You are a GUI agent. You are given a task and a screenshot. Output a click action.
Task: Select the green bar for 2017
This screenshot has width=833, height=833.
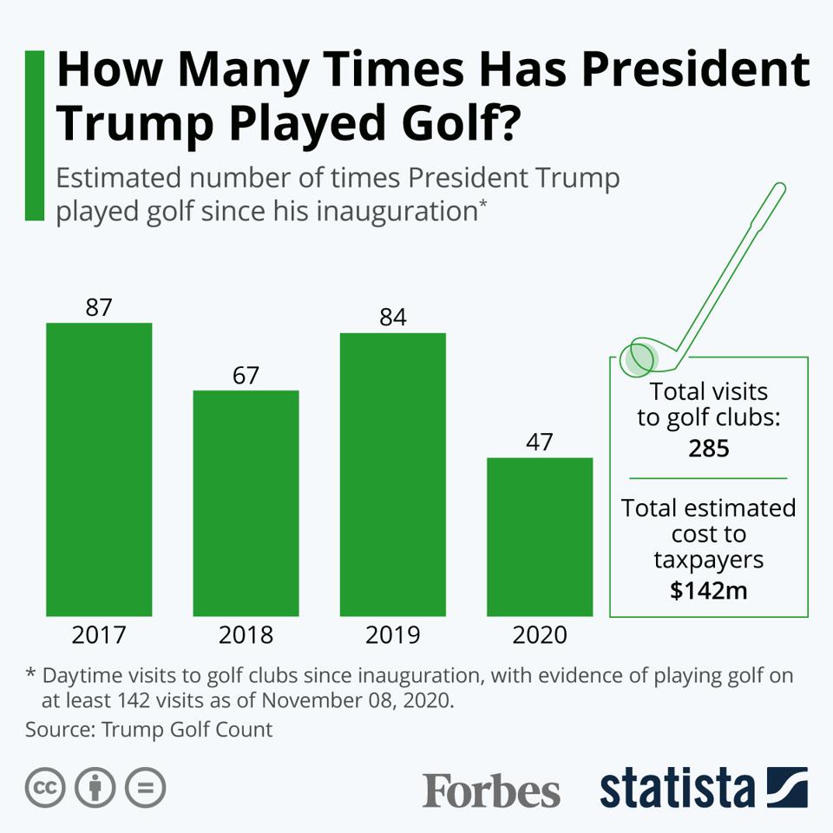click(x=99, y=469)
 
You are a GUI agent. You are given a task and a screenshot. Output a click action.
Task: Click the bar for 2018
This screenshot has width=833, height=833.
click(x=246, y=503)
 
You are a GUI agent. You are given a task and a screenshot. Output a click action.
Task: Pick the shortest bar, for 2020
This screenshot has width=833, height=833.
click(x=539, y=536)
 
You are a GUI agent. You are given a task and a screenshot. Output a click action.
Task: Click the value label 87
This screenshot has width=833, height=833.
click(x=99, y=308)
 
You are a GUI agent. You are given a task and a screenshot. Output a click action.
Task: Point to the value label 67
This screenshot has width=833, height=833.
click(x=246, y=376)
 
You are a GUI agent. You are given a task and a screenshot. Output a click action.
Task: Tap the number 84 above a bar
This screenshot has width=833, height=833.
click(x=392, y=318)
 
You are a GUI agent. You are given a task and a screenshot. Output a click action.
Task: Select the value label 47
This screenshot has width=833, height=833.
click(x=539, y=443)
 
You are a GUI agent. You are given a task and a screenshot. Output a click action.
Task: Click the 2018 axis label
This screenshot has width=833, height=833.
click(x=246, y=635)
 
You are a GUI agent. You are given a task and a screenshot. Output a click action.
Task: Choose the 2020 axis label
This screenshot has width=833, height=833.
click(x=539, y=635)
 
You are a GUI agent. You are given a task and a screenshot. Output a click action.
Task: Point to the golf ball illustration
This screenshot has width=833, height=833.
click(x=640, y=357)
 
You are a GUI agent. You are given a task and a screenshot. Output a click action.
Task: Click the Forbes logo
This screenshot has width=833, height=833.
click(x=491, y=790)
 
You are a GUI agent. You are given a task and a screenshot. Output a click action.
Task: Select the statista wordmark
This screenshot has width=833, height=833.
click(x=677, y=788)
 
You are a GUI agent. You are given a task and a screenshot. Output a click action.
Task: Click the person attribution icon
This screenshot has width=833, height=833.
click(x=95, y=788)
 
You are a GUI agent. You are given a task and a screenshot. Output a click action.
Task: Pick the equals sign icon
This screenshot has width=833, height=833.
click(x=145, y=788)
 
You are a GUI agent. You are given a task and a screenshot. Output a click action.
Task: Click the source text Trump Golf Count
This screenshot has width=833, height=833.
click(x=187, y=729)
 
